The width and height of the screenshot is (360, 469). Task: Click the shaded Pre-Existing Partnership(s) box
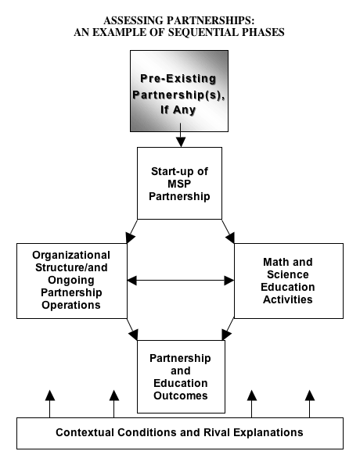click(x=179, y=91)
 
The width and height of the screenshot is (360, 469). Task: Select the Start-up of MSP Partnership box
click(x=179, y=183)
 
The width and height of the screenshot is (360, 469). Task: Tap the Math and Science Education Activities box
click(x=289, y=281)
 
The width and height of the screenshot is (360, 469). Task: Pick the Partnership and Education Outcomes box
click(x=181, y=377)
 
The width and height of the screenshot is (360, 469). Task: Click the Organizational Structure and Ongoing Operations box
click(x=72, y=281)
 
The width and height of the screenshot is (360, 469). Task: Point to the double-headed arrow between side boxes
click(x=181, y=281)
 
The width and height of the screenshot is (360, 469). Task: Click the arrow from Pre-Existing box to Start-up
click(x=181, y=135)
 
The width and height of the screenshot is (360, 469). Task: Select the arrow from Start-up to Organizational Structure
click(x=131, y=231)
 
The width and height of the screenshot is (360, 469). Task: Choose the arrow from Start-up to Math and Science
click(x=229, y=231)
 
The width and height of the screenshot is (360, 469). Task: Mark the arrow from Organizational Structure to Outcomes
click(x=132, y=329)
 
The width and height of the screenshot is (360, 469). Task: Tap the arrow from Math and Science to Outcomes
click(x=228, y=329)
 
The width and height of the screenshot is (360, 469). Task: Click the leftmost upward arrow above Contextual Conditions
click(x=50, y=404)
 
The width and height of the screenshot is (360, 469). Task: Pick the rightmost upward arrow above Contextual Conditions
click(x=310, y=404)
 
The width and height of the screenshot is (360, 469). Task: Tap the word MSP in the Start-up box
click(x=179, y=184)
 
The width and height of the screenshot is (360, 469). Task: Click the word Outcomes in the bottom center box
click(x=181, y=396)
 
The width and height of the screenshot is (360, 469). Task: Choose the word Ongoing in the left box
click(x=71, y=281)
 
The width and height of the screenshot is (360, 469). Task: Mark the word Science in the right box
click(x=288, y=274)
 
